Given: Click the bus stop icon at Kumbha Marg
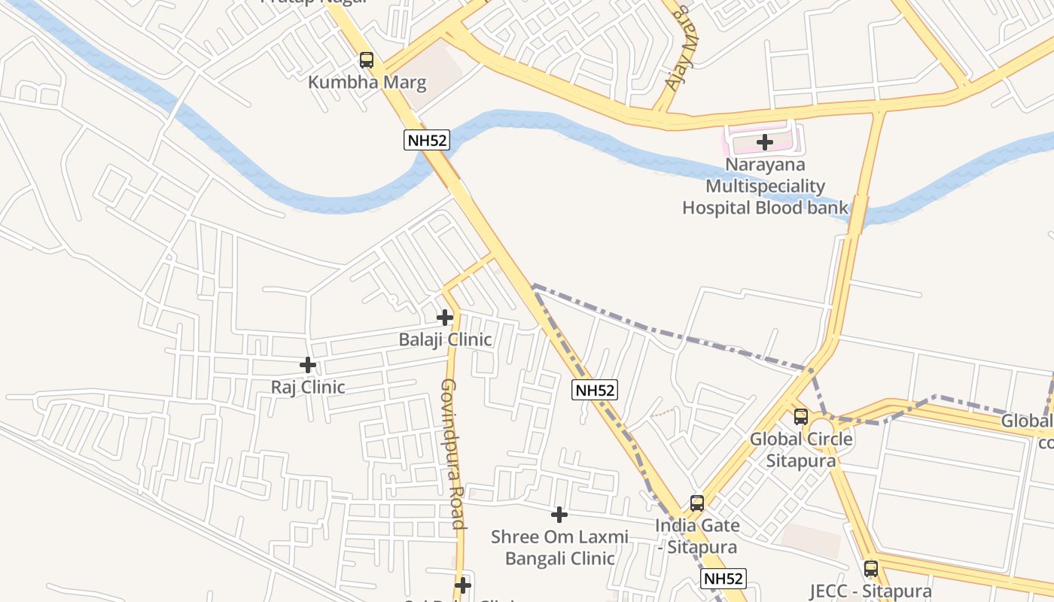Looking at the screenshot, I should pos(367,60).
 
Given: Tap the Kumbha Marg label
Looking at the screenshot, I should pos(367,82).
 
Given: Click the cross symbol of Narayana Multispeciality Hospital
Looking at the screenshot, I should pos(765,141).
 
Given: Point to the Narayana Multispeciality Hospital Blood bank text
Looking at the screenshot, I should pos(765,186).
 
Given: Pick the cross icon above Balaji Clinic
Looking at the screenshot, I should pos(445,318).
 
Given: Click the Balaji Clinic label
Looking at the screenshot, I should pos(445,339).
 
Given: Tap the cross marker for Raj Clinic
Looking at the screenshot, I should pos(308,365).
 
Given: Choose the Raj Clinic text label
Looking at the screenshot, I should pos(308,388).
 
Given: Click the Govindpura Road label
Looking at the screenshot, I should pos(451,453).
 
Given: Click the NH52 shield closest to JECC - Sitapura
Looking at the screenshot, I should pos(723,579).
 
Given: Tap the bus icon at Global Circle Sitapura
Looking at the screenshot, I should pos(801,417).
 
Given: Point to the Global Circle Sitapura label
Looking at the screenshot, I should pos(801,449).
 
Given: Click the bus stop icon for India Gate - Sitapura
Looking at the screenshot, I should pos(697,503).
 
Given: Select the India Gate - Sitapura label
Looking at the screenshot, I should pos(697,536).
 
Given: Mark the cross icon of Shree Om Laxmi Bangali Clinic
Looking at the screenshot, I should pos(559,515).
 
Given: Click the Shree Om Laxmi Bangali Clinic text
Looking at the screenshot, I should pos(559,547).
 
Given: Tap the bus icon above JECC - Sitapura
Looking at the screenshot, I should pos(871,569).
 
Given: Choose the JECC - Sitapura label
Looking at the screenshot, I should pos(870,591).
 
